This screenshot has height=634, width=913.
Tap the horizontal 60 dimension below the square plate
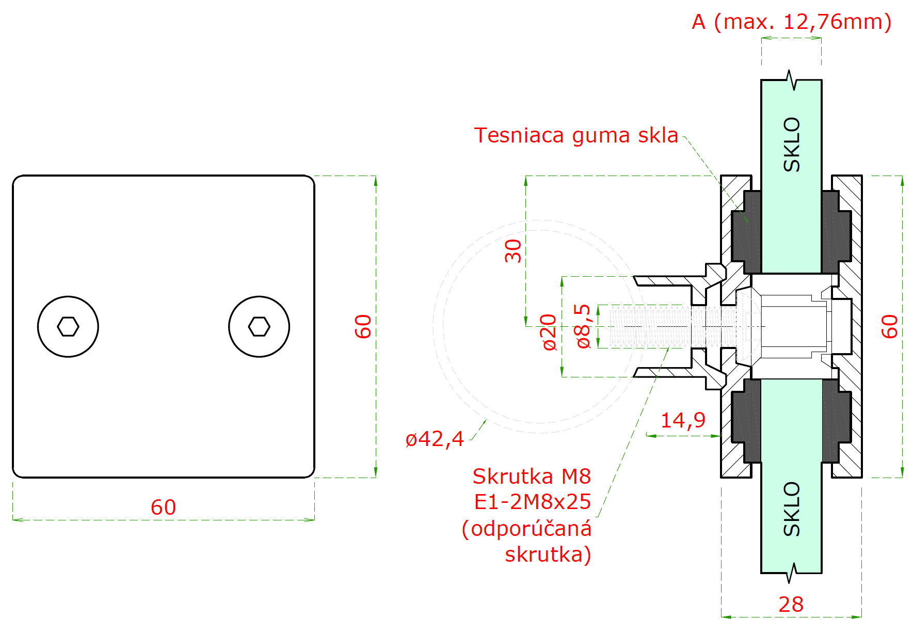click(163, 508)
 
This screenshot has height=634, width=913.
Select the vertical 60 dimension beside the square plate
click(363, 326)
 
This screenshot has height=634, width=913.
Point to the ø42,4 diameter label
click(435, 439)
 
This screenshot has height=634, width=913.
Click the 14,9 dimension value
click(683, 420)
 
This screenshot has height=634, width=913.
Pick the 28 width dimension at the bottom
click(791, 605)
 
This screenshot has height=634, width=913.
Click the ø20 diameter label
click(549, 332)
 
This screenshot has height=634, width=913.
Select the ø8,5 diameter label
click(583, 326)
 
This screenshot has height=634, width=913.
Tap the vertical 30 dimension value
click(513, 251)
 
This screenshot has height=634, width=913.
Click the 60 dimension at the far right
click(889, 326)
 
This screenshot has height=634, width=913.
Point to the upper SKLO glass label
click(791, 145)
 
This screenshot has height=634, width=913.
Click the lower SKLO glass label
click(791, 509)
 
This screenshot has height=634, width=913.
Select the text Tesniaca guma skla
click(576, 135)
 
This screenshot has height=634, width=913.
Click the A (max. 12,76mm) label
click(792, 22)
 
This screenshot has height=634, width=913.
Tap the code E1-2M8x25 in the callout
click(532, 502)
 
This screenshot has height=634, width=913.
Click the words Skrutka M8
click(532, 477)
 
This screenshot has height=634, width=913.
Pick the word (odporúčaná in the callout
click(526, 529)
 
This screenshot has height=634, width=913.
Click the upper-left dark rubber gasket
click(746, 232)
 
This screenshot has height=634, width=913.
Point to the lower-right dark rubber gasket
click(836, 421)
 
